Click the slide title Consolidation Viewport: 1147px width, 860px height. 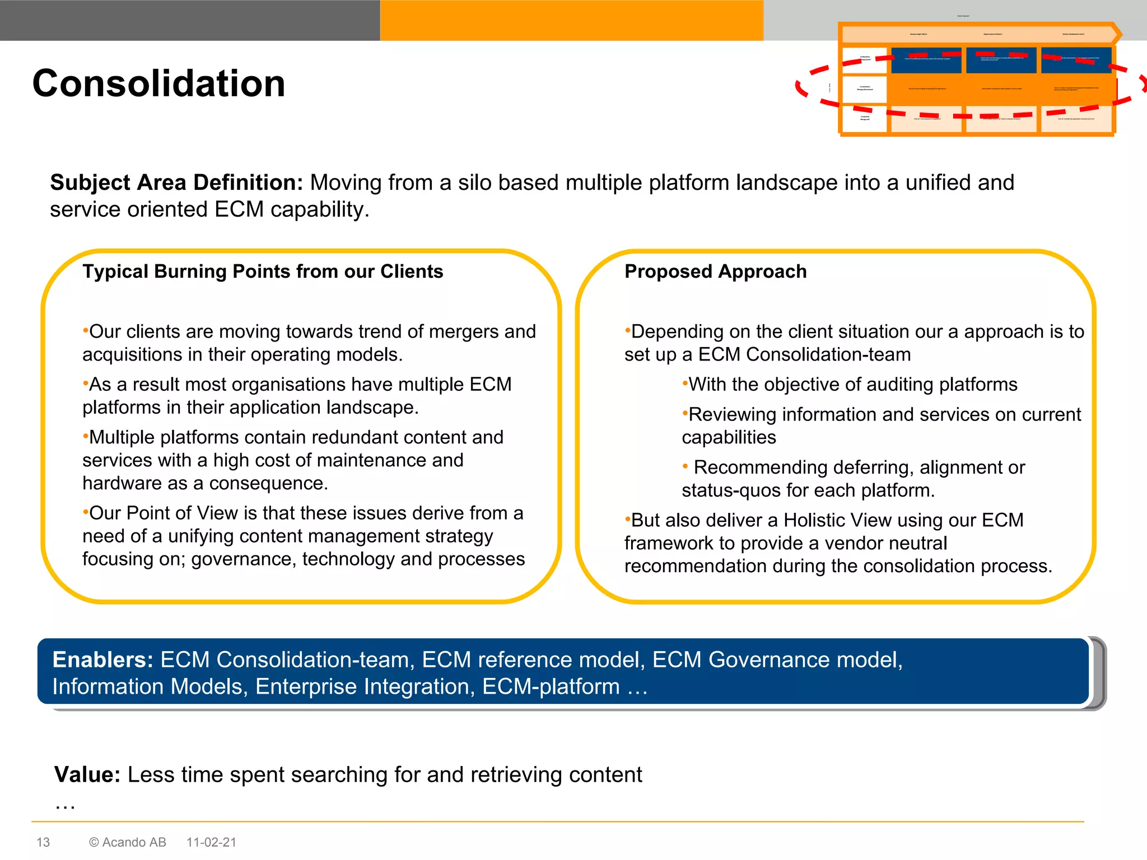click(159, 83)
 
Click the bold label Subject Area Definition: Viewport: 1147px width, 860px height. click(176, 183)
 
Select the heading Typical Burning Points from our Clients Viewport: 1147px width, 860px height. click(263, 272)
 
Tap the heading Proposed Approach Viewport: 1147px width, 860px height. click(715, 272)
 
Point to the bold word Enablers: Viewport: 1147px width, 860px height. click(102, 660)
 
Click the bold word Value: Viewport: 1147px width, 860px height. click(87, 775)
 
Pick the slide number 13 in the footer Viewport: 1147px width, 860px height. click(43, 842)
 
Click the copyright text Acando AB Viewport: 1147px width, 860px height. click(134, 842)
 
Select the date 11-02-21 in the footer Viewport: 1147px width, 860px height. click(211, 842)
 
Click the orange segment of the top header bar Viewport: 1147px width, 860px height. click(571, 20)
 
